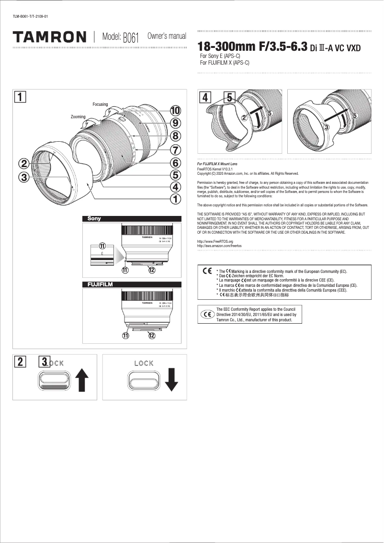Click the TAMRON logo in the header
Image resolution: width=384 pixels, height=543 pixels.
click(x=50, y=37)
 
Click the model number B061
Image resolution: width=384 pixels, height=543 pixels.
click(x=131, y=38)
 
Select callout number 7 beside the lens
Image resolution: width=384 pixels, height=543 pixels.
click(x=176, y=149)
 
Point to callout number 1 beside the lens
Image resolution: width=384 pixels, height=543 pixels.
click(x=176, y=198)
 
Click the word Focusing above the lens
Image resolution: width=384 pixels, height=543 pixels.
click(x=100, y=104)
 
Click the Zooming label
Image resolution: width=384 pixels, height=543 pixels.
click(x=78, y=117)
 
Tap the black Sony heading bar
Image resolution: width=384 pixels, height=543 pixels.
click(x=132, y=219)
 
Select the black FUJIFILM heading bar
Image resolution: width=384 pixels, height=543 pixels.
click(x=132, y=284)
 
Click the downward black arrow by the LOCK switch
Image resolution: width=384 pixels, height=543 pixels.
click(x=171, y=379)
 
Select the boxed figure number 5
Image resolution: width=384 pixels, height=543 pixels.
click(x=229, y=97)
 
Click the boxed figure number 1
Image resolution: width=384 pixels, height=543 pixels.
click(x=20, y=97)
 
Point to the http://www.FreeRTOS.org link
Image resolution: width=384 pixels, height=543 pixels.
click(x=215, y=242)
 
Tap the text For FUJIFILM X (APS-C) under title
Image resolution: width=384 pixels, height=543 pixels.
click(x=224, y=63)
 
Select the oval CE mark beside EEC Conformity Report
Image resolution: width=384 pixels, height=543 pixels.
click(x=207, y=315)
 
